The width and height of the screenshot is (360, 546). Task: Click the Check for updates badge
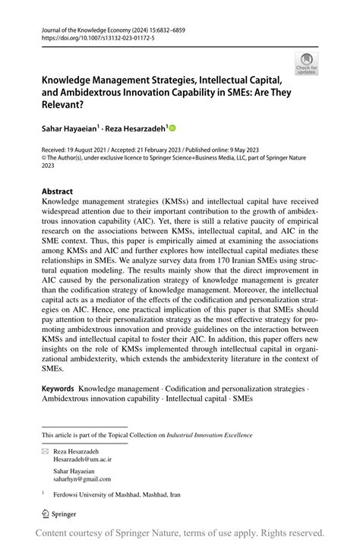pos(308,63)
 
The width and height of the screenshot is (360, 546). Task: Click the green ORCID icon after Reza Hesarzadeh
pos(173,129)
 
